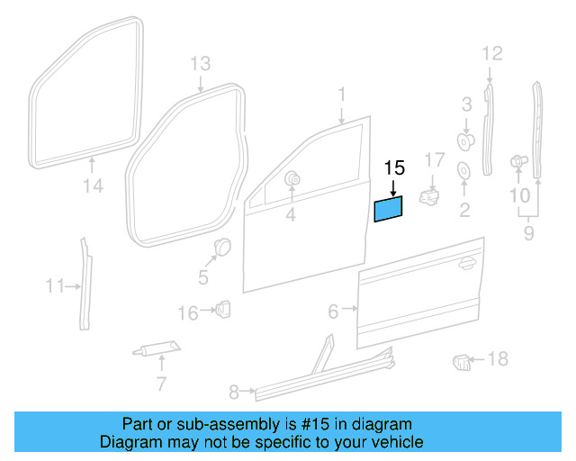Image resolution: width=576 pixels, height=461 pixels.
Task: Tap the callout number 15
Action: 394,167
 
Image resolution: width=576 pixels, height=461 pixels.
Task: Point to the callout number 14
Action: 94,186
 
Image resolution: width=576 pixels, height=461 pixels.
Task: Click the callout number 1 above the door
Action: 342,95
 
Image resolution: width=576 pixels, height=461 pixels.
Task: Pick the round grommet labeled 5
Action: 221,247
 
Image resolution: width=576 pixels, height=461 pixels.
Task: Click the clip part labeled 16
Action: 222,310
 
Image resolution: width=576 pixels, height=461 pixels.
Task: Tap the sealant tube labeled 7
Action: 158,349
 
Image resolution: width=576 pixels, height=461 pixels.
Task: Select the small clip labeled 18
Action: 461,362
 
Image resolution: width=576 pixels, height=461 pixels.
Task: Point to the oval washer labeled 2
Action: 464,171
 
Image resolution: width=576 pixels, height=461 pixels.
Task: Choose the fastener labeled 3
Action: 466,140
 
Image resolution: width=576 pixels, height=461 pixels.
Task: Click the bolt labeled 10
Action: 517,161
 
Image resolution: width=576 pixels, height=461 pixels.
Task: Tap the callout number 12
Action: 490,53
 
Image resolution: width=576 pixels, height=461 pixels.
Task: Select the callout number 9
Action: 528,233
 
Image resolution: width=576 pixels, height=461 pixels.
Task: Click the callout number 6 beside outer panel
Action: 333,312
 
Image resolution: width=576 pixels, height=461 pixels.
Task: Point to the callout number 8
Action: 234,392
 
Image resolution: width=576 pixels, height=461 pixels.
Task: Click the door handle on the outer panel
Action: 465,264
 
